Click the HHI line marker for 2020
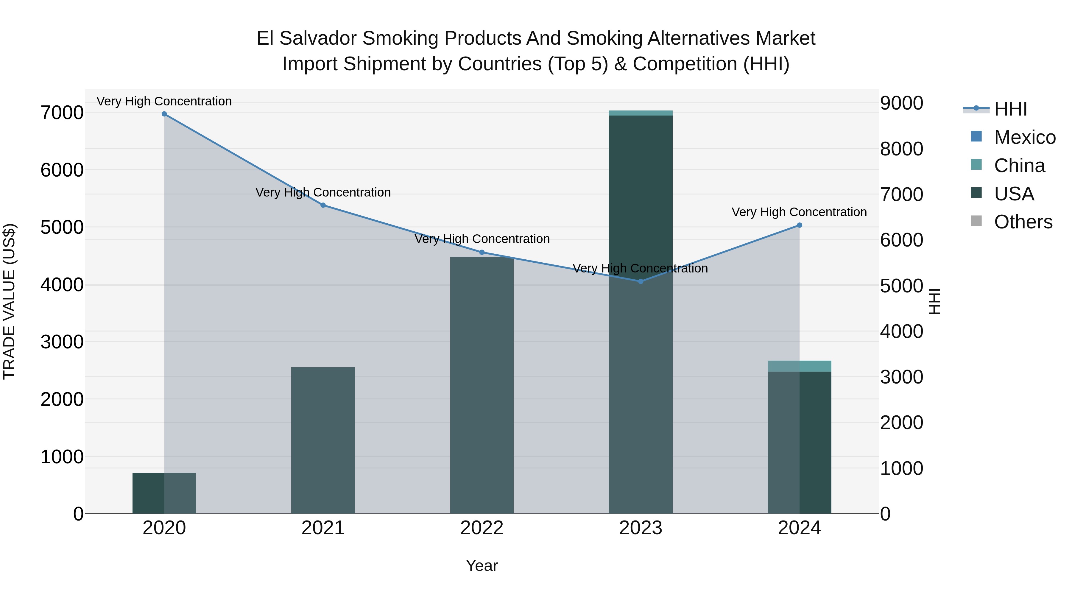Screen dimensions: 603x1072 point(164,114)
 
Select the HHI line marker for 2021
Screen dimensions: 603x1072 point(323,205)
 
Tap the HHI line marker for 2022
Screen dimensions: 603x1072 point(482,252)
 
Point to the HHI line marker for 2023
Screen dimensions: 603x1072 point(641,282)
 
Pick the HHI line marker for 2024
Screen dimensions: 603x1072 point(800,225)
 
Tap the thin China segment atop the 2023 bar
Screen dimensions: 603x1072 point(641,113)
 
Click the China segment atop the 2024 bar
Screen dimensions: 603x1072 point(800,366)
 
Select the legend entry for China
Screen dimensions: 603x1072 point(1019,166)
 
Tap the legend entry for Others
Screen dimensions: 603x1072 point(1023,222)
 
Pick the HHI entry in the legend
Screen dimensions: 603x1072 point(1010,109)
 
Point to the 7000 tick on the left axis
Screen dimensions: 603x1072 point(62,113)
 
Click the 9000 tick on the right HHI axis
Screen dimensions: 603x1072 point(901,103)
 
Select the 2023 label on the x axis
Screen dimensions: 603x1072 point(641,528)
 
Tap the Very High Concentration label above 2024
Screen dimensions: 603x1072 point(799,212)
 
